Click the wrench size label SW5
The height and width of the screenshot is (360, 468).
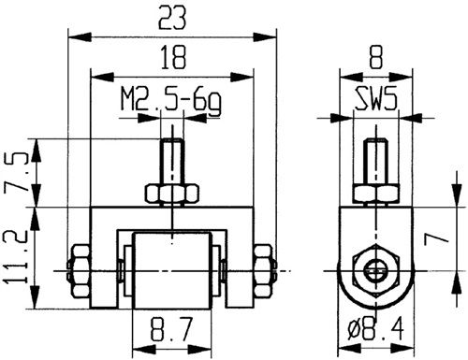(373, 100)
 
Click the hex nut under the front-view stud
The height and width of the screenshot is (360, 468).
(174, 194)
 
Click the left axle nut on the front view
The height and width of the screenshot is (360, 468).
(79, 269)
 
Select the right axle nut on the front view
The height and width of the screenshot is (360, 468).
(269, 269)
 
